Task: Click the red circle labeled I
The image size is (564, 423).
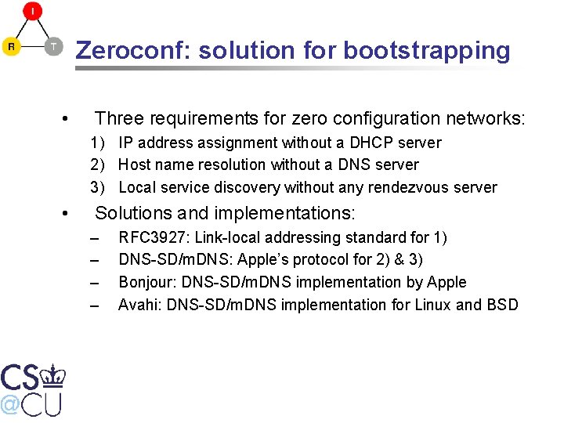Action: pyautogui.click(x=32, y=11)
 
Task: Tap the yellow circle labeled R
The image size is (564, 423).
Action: pyautogui.click(x=11, y=46)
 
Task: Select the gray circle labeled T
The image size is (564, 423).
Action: pyautogui.click(x=53, y=46)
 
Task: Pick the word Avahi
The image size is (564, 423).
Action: pyautogui.click(x=136, y=305)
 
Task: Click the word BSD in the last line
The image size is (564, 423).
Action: pyautogui.click(x=502, y=305)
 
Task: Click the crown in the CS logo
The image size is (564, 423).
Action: pyautogui.click(x=53, y=376)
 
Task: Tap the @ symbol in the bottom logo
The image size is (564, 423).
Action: pyautogui.click(x=9, y=403)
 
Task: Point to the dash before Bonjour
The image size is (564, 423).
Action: pyautogui.click(x=96, y=282)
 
